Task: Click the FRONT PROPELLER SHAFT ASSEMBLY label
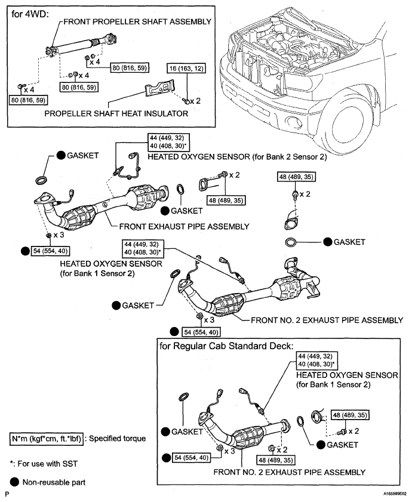pyautogui.click(x=137, y=21)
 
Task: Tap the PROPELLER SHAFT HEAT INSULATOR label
pyautogui.click(x=116, y=113)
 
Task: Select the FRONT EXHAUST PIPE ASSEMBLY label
pyautogui.click(x=185, y=227)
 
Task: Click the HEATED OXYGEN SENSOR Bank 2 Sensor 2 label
pyautogui.click(x=238, y=157)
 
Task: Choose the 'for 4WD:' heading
pyautogui.click(x=29, y=14)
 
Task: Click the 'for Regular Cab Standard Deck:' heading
pyautogui.click(x=226, y=346)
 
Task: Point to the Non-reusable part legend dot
pyautogui.click(x=14, y=482)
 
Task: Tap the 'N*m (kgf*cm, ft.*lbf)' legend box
pyautogui.click(x=47, y=439)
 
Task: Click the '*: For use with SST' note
pyautogui.click(x=44, y=464)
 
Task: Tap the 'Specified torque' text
pyautogui.click(x=117, y=439)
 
